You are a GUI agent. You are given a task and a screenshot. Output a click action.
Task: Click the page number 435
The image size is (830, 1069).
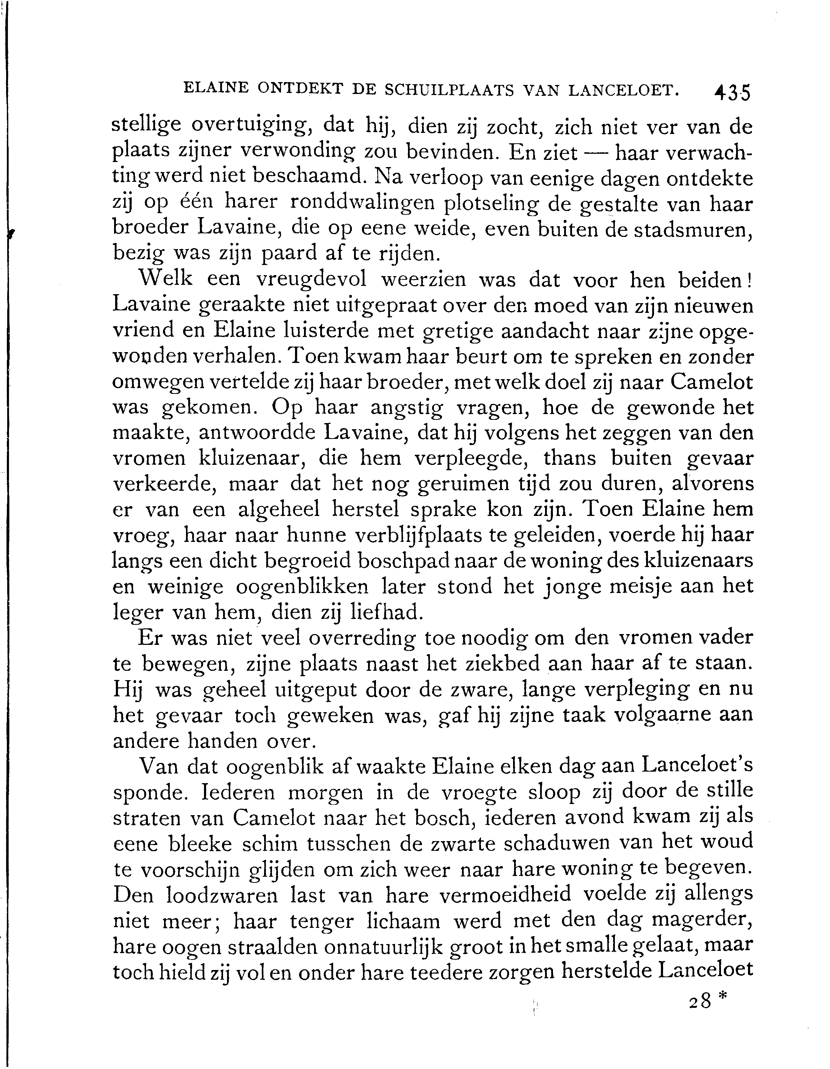coord(732,92)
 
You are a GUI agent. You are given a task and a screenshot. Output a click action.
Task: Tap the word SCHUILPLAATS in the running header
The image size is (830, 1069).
coord(449,90)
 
